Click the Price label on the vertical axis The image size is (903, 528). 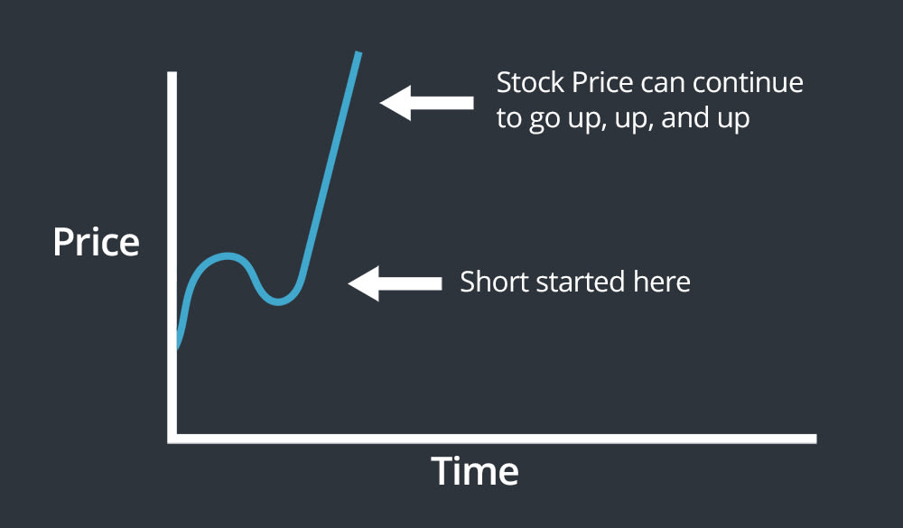96,243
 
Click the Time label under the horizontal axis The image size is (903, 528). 474,471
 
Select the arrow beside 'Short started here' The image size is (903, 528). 395,283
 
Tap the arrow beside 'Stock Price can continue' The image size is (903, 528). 426,102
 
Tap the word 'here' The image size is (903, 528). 664,282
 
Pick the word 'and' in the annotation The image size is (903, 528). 682,119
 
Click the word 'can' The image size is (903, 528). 661,83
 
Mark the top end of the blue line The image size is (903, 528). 358,54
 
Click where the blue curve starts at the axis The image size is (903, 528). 177,347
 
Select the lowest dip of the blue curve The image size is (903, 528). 278,301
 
